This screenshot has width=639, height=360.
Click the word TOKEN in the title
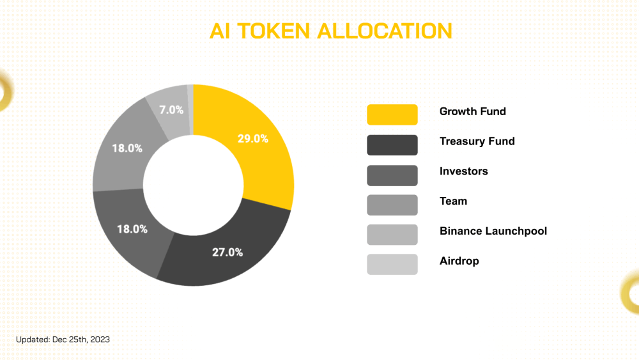(274, 31)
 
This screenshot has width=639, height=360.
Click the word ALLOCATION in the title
(385, 31)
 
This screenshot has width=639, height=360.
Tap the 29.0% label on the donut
(252, 139)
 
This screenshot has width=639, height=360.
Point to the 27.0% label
(227, 253)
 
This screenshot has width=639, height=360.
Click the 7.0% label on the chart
(171, 110)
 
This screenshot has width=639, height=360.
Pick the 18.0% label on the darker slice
(132, 229)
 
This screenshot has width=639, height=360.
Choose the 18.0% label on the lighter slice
(127, 148)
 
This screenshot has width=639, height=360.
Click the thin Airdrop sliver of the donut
(190, 109)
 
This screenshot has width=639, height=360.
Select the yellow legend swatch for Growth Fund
(392, 114)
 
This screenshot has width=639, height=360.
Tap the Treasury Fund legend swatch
(392, 145)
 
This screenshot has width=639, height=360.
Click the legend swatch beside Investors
(392, 175)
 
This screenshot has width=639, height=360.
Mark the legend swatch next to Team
(392, 205)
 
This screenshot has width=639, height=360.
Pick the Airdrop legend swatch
(392, 264)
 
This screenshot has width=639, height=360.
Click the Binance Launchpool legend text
(493, 231)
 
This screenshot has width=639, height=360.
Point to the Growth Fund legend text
(473, 111)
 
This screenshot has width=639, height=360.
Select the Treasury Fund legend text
(477, 141)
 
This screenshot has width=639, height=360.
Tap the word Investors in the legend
(464, 171)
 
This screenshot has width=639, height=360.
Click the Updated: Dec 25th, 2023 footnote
(63, 339)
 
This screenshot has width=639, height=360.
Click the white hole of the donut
(193, 185)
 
